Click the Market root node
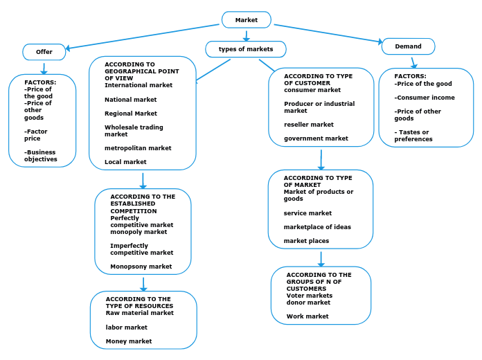[x=246, y=20]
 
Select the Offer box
[x=44, y=52]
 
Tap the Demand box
[x=408, y=46]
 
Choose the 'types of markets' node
[x=246, y=49]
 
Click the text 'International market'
[x=139, y=85]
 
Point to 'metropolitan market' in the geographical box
[x=138, y=147]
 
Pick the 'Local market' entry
[x=125, y=162]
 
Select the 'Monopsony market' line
[x=141, y=267]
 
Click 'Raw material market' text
[x=139, y=313]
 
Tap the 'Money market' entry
[x=128, y=341]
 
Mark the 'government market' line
[x=316, y=138]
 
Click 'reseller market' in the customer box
[x=308, y=125]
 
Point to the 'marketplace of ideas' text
[x=317, y=227]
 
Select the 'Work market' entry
[x=307, y=316]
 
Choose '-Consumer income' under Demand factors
[x=425, y=98]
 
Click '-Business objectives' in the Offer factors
[x=41, y=156]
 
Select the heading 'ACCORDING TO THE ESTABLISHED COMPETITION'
[x=143, y=204]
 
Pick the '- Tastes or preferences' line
[x=413, y=136]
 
